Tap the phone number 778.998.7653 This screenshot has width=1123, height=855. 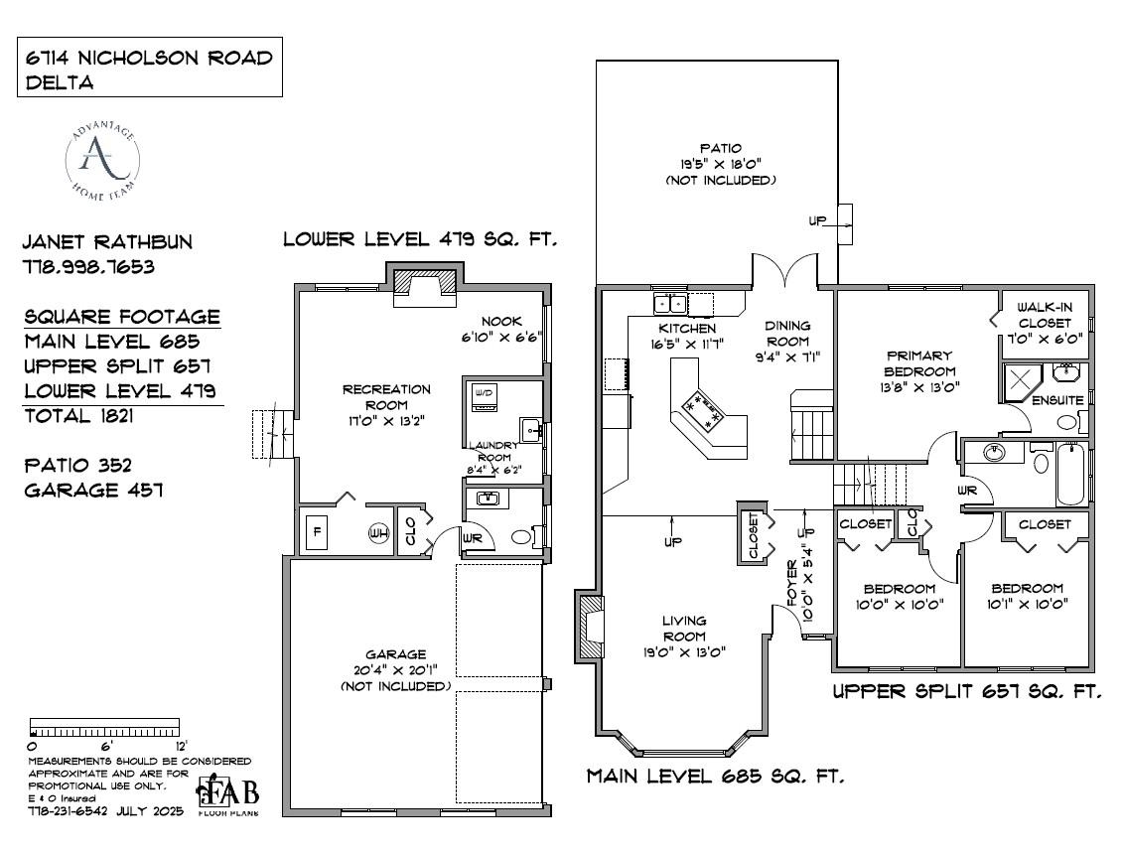[x=88, y=267]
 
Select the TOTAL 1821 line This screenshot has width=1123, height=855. [x=78, y=415]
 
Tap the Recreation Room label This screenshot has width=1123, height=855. [x=386, y=397]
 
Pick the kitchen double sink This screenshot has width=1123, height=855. [x=669, y=302]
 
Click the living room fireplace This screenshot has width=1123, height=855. [x=592, y=626]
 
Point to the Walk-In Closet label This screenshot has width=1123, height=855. [x=1044, y=315]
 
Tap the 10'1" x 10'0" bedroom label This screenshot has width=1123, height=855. [x=1027, y=596]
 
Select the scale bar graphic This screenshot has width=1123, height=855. [x=105, y=725]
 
